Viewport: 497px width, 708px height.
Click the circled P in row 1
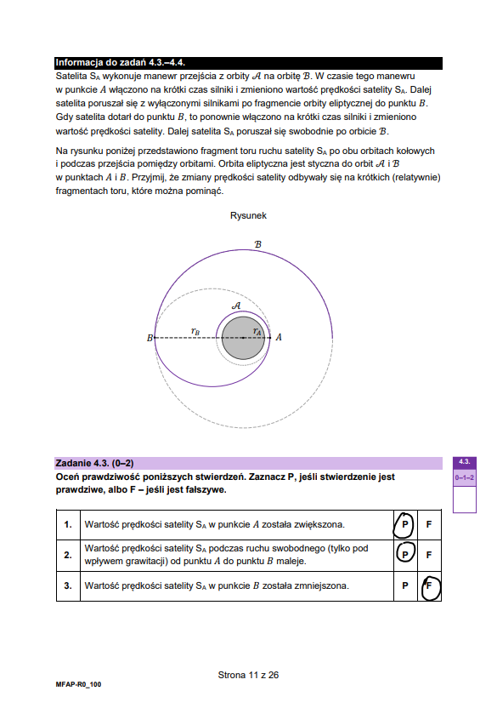(404, 524)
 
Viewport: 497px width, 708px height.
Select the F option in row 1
(429, 524)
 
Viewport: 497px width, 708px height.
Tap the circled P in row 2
(405, 555)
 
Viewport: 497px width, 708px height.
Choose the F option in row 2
(429, 555)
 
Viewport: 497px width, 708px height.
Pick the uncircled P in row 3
(405, 585)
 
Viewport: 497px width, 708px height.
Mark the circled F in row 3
(429, 585)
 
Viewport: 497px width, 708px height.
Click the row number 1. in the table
(68, 524)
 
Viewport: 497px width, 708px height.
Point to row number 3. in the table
(68, 585)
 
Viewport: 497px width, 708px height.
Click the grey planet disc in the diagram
(243, 338)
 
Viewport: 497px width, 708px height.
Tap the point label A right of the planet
(279, 337)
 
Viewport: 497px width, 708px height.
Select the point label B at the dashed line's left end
(150, 338)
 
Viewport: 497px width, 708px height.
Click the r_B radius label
(195, 331)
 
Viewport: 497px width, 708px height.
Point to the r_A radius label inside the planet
(257, 331)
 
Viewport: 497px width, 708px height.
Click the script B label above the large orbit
(257, 244)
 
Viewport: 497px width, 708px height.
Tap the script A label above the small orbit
(236, 305)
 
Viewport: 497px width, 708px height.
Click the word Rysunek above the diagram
(248, 215)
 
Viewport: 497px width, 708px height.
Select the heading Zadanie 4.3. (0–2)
(94, 463)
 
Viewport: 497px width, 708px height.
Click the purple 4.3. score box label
(465, 461)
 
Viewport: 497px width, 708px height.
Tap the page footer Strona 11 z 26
(248, 675)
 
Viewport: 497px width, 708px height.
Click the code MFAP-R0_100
(78, 684)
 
